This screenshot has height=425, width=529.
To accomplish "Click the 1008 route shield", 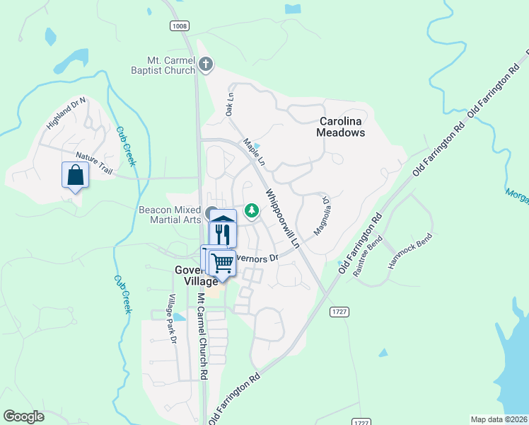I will click(x=179, y=25).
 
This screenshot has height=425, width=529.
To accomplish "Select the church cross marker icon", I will click(x=205, y=65).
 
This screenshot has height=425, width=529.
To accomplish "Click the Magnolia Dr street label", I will click(x=321, y=216).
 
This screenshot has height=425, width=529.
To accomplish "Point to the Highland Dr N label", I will click(x=66, y=113).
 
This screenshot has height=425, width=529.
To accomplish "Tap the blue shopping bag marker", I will click(x=76, y=175).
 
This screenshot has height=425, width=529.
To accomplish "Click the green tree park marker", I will click(x=251, y=210).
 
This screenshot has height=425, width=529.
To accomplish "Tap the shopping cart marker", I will click(x=223, y=263).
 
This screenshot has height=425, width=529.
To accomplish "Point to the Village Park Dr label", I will click(x=172, y=319).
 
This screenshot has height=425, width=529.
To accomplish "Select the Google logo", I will click(x=23, y=416).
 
